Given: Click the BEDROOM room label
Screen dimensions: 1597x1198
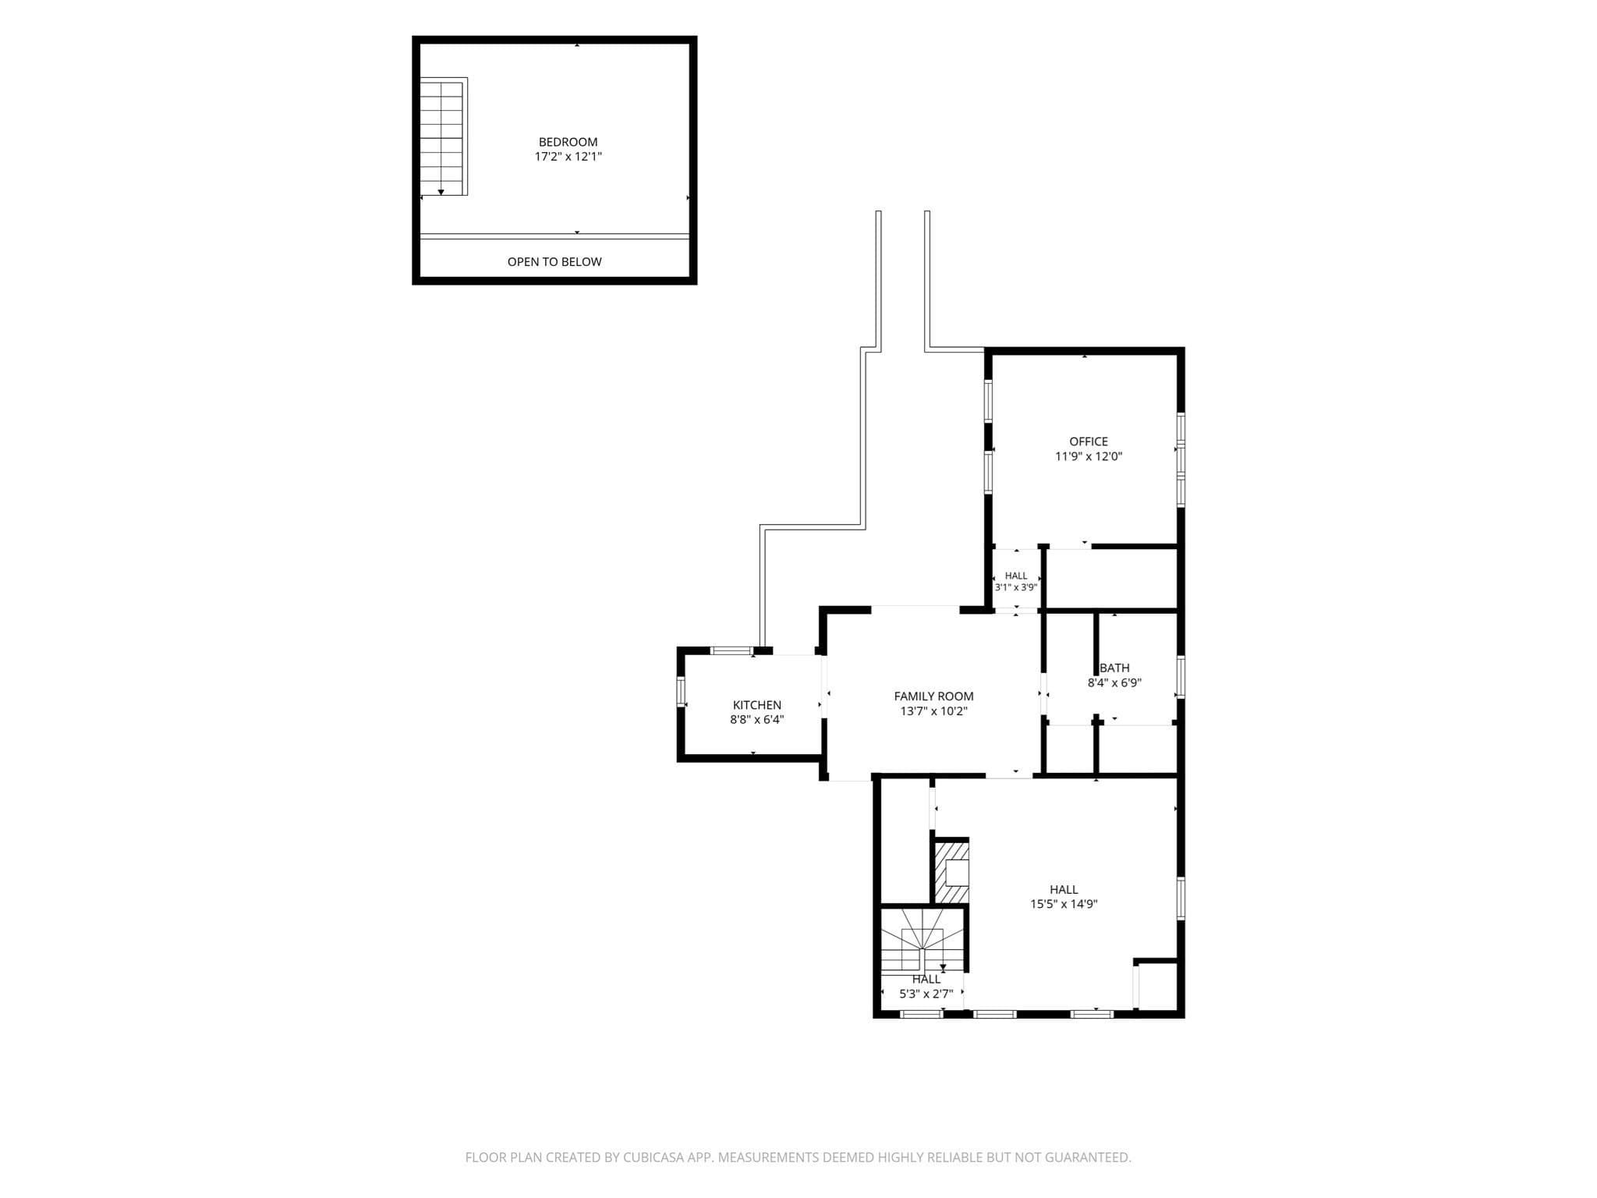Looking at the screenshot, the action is pos(568,142).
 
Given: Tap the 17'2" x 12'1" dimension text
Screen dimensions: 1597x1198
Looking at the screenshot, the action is pos(568,157).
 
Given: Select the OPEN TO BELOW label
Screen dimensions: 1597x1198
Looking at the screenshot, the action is pos(554,262).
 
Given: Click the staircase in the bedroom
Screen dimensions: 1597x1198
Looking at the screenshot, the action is pos(443,136).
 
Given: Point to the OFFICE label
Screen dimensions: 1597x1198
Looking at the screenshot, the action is pos(1088,441).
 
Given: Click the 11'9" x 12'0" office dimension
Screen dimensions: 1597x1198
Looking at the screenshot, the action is pos(1088,456).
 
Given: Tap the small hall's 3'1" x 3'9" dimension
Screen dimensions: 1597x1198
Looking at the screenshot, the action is pos(1015,588).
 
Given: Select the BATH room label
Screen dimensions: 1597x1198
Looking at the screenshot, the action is pos(1114,668).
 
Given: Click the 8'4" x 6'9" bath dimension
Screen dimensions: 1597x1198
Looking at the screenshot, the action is pos(1114,682).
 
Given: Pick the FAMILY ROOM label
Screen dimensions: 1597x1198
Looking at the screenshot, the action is pos(933,696).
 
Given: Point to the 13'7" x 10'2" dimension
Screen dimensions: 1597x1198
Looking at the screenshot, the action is pos(933,711).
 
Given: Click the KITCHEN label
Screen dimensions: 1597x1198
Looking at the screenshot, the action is pos(756,705).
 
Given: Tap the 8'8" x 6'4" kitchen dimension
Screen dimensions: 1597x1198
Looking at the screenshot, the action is pos(756,720).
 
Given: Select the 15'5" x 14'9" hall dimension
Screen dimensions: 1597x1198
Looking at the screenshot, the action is pos(1064,905).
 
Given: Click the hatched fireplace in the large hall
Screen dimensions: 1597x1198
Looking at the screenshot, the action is pos(951,871).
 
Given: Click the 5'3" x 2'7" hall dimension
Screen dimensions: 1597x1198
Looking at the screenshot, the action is pos(926,994).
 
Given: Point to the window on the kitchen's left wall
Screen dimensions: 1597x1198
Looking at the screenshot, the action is pos(681,692).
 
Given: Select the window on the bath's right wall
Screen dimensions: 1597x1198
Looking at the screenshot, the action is pos(1181,677).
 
